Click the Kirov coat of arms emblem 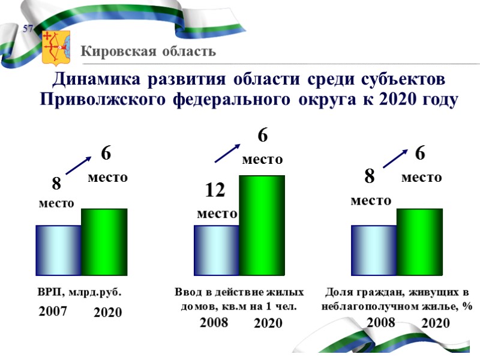click(x=56, y=46)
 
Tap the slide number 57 click(x=28, y=29)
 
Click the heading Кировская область click(x=149, y=51)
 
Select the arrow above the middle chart click(x=227, y=152)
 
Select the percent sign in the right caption click(x=467, y=306)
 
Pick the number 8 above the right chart click(x=370, y=176)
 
